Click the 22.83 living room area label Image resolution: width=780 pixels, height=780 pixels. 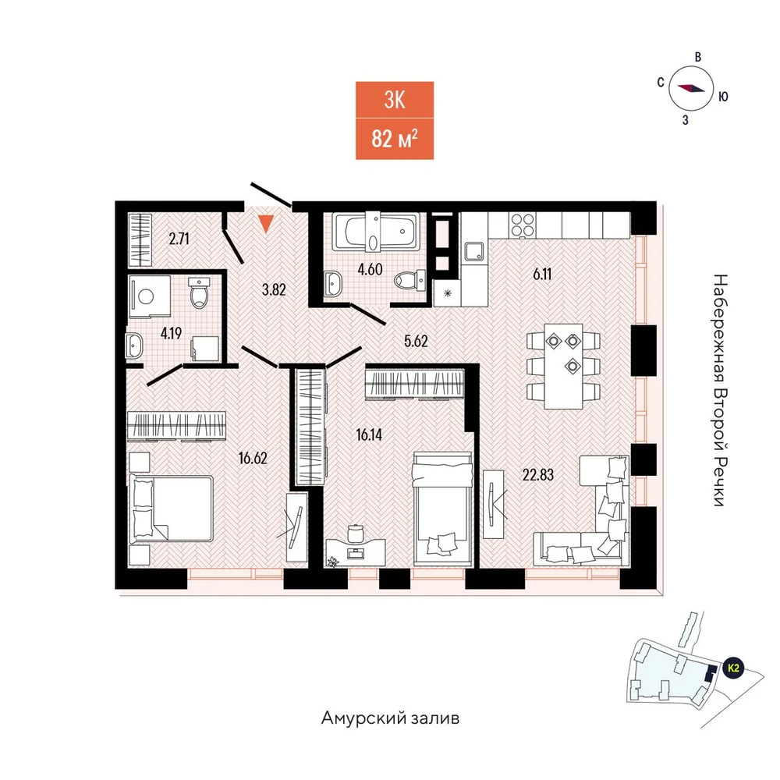tap(537, 475)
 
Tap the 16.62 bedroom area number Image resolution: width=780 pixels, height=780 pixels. tap(253, 458)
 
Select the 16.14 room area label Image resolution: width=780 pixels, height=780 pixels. tap(369, 434)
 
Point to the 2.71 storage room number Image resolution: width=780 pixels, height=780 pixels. tap(179, 239)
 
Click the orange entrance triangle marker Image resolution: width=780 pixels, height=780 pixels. tap(266, 223)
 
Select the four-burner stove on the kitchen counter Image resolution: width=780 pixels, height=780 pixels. tap(523, 225)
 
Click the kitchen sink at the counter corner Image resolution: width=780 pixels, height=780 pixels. tap(473, 252)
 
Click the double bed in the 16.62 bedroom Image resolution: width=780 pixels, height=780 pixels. tap(171, 509)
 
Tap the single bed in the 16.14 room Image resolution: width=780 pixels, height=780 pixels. tap(442, 509)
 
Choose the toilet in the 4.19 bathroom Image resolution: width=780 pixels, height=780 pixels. tap(199, 293)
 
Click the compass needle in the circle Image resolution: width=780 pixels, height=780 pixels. tap(691, 88)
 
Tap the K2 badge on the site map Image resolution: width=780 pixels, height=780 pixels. tap(732, 668)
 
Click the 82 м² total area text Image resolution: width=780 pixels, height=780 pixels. tap(395, 139)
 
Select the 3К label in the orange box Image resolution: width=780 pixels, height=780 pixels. tap(395, 100)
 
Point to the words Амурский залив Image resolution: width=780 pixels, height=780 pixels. tap(391, 718)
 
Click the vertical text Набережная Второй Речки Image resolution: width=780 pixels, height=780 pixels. tap(720, 390)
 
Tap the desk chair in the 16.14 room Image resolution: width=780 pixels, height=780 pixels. tap(355, 532)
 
